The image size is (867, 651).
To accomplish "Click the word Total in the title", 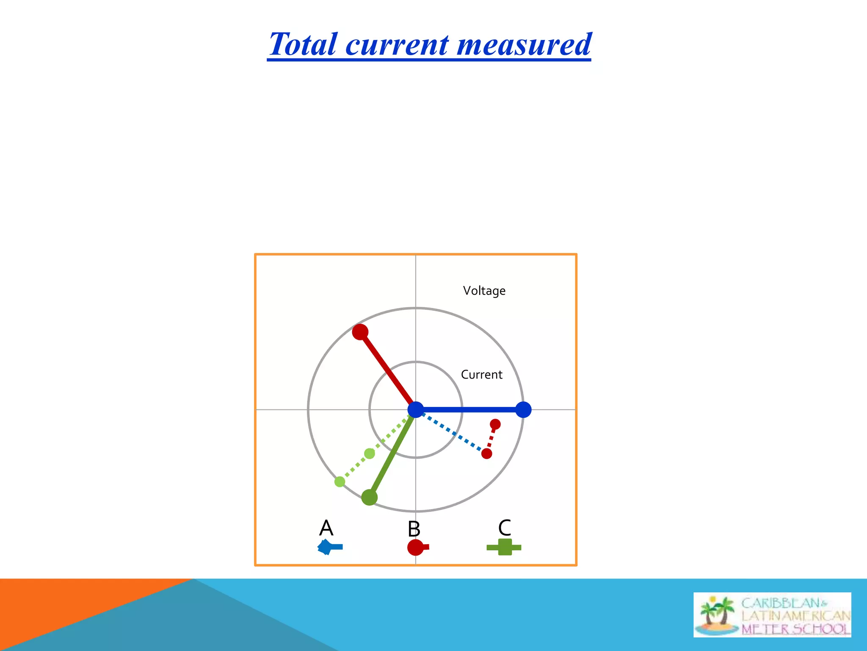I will click(304, 45).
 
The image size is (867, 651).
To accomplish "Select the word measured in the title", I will click(524, 45).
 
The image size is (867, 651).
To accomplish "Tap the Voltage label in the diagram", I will click(484, 291).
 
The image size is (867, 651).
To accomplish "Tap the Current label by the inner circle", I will click(481, 375).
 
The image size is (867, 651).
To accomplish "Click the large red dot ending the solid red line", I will click(360, 332).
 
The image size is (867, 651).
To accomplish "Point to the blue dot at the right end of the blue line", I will click(523, 410).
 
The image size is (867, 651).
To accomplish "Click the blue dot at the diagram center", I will click(416, 410).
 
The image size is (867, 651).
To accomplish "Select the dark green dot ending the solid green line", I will click(369, 497).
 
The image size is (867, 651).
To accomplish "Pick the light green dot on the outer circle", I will click(340, 481).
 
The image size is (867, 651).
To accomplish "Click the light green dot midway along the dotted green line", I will click(370, 453).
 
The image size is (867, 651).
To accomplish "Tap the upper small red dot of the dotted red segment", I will click(495, 424).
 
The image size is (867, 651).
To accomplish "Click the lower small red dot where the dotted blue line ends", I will click(487, 454).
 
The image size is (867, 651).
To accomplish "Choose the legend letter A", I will click(326, 528).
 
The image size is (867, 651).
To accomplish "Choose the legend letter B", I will click(414, 529).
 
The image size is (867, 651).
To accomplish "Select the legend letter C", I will click(505, 528).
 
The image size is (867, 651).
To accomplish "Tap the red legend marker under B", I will click(417, 547).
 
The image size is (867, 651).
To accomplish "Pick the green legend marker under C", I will click(504, 547).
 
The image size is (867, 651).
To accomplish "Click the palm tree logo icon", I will click(717, 615).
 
